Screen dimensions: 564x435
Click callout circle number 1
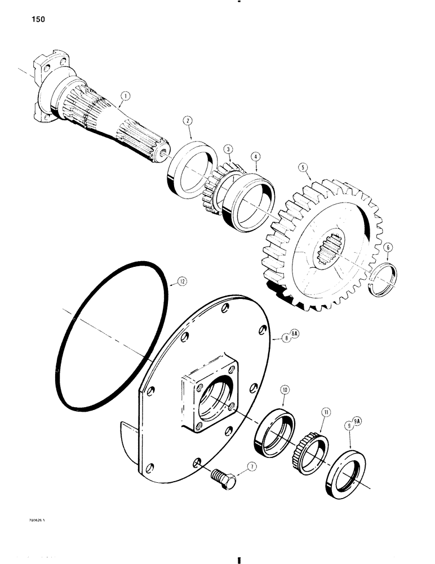click(125, 96)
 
